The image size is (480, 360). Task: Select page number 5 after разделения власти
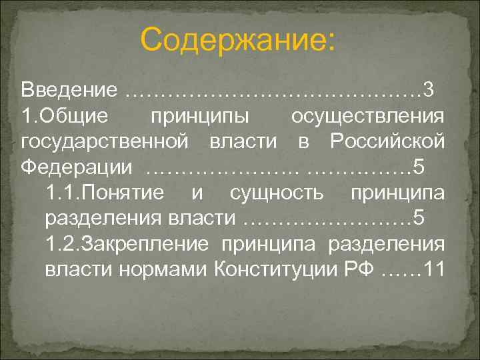(x=419, y=219)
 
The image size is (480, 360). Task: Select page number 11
(x=432, y=269)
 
